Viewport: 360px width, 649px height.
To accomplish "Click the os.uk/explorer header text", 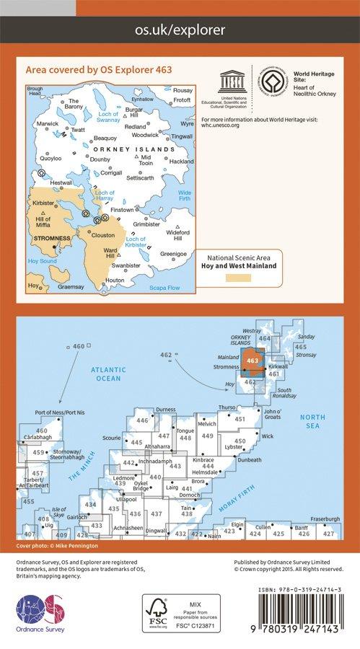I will [x=180, y=30].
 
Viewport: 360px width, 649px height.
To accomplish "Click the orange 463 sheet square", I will [x=253, y=361].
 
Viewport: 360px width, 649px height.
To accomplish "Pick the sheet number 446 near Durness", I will [x=142, y=420].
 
